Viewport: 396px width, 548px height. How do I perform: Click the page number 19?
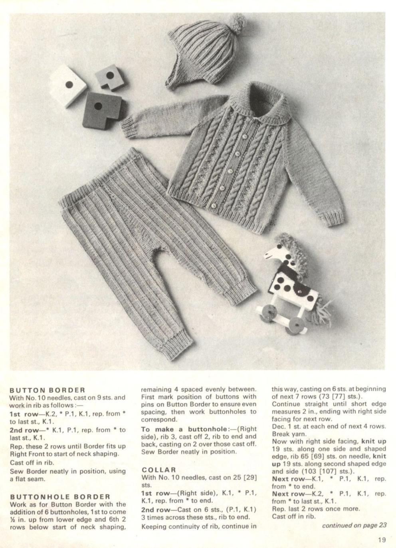coord(382,539)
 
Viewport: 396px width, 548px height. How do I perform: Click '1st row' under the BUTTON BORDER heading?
coord(23,414)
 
